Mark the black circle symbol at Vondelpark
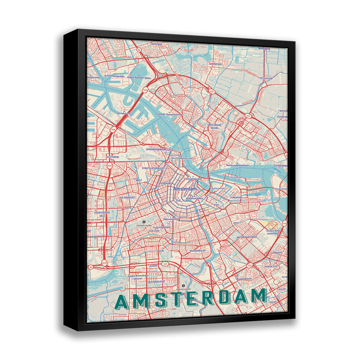[x=144, y=221]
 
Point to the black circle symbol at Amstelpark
[x=183, y=286]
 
